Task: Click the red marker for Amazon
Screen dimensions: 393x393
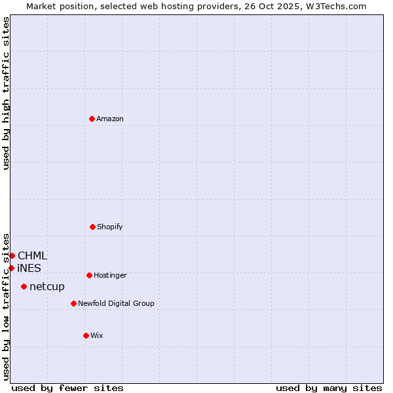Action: click(x=92, y=119)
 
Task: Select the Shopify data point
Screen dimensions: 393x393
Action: click(x=92, y=227)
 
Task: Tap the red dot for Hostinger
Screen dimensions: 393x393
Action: click(x=89, y=275)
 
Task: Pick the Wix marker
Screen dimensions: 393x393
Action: click(x=86, y=335)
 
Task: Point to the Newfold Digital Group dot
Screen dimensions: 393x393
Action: click(x=73, y=303)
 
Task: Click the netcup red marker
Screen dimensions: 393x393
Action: click(x=24, y=286)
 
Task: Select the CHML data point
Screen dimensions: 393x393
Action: click(x=12, y=255)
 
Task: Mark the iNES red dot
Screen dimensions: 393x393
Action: click(x=11, y=268)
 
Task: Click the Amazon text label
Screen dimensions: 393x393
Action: click(x=110, y=119)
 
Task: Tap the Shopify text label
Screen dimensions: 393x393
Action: click(x=110, y=227)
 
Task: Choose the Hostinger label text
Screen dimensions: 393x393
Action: click(x=110, y=276)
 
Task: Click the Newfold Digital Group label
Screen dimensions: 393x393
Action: click(x=116, y=304)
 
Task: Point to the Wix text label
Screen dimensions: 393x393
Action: click(x=97, y=336)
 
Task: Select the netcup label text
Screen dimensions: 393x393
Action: click(x=47, y=287)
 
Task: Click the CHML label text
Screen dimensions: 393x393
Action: click(x=33, y=256)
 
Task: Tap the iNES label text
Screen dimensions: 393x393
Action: click(x=29, y=269)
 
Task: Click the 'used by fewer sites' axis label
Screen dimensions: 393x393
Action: click(x=67, y=388)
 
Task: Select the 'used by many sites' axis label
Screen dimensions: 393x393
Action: click(x=329, y=388)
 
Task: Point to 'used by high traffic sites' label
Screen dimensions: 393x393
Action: click(x=6, y=93)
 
